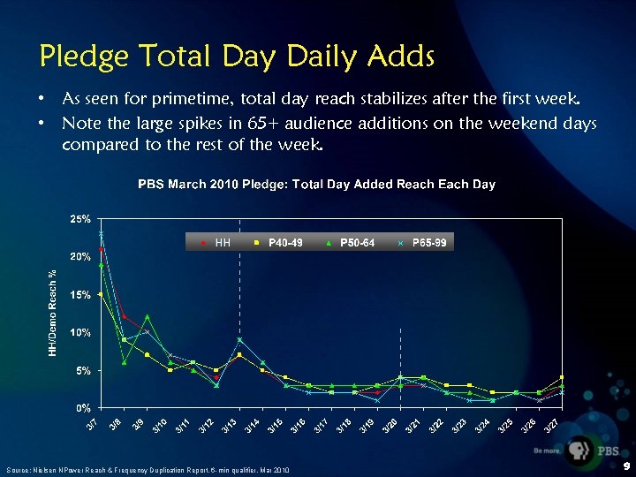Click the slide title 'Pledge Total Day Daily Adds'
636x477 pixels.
click(x=237, y=57)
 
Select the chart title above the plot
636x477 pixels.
click(x=316, y=184)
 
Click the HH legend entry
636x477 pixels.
click(x=216, y=241)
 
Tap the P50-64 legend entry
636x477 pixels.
click(x=352, y=241)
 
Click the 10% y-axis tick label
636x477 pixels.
click(x=81, y=332)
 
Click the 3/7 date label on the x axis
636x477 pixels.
click(x=93, y=426)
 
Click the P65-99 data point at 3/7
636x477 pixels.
click(x=102, y=233)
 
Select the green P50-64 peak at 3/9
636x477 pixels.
click(x=148, y=316)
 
